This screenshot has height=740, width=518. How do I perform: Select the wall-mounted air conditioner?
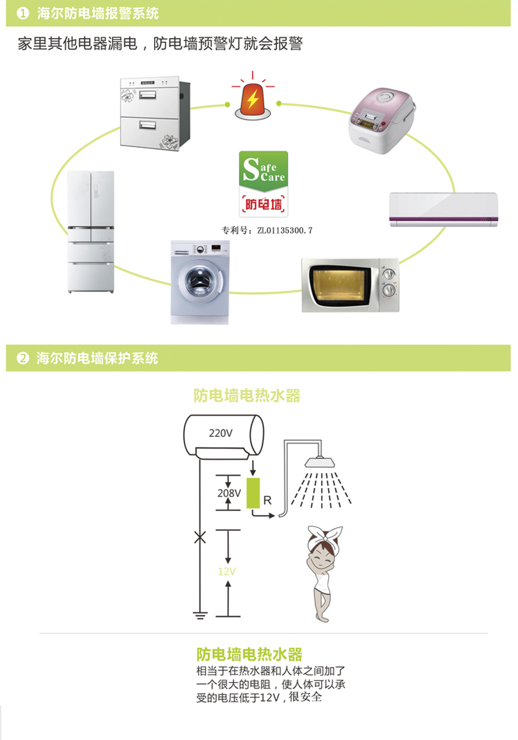coord(442,210)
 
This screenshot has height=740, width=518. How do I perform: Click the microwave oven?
coord(349,284)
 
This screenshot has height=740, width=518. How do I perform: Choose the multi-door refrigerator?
coord(90,232)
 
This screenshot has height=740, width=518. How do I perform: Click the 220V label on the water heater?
coord(221,434)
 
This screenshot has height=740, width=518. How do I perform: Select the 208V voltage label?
coord(229,494)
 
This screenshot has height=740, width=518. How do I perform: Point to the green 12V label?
coord(227,572)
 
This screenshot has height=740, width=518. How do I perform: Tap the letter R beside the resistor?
coord(267,498)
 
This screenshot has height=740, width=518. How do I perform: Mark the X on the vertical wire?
coord(200,537)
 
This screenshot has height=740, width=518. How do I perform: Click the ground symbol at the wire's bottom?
coord(200,614)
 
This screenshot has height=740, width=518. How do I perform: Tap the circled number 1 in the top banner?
coord(23,13)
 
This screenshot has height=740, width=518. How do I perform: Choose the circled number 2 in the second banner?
coord(23,358)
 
